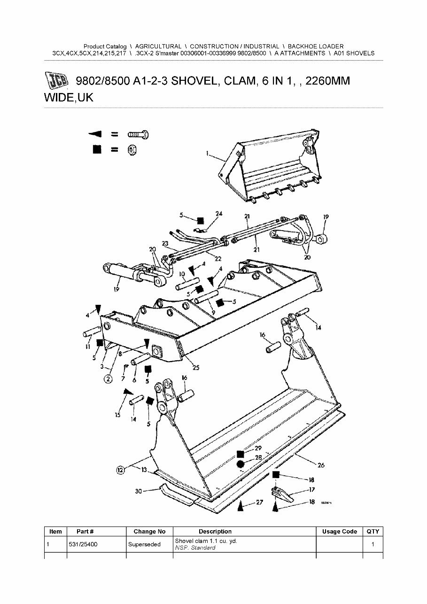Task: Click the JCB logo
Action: tap(57, 81)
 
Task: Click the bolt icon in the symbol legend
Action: tap(139, 134)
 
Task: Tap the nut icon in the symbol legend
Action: tap(132, 149)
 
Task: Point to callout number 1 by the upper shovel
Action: tap(207, 153)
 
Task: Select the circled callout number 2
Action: tap(108, 379)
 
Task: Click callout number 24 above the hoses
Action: tap(218, 214)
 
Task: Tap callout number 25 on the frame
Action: tap(196, 367)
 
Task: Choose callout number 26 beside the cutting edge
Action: tap(320, 465)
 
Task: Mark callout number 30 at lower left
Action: tap(139, 491)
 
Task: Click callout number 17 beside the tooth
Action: tap(311, 490)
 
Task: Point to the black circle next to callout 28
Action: tap(240, 464)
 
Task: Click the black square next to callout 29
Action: tap(240, 454)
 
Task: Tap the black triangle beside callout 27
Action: tap(240, 506)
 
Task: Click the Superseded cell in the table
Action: tap(144, 544)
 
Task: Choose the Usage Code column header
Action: tap(339, 531)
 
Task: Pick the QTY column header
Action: tap(373, 531)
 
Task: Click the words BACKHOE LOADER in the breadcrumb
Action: tap(315, 46)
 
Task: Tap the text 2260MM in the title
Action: tap(327, 81)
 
